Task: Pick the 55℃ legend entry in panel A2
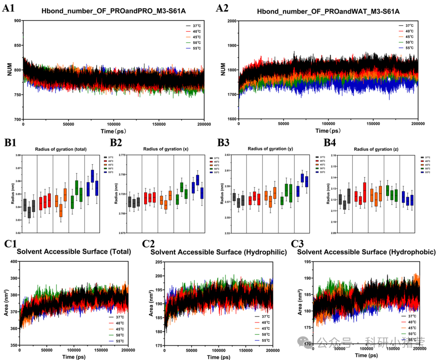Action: point(409,47)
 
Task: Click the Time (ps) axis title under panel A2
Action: point(329,131)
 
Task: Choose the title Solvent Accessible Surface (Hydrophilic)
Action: point(219,252)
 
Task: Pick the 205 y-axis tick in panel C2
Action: point(158,261)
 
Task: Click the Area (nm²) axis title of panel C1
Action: point(5,303)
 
